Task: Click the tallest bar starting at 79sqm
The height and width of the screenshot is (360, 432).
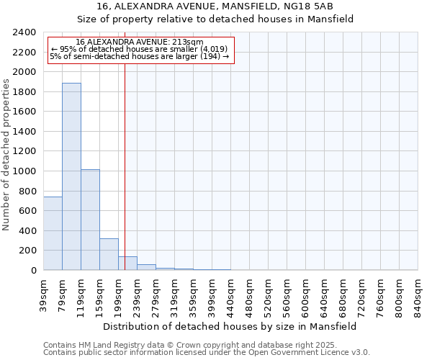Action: point(71,176)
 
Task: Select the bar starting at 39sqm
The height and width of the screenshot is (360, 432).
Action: point(53,233)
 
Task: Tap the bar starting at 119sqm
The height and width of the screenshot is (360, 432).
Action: point(90,220)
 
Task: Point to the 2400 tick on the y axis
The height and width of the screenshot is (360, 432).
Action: point(26,32)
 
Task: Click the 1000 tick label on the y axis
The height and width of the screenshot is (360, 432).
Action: point(26,171)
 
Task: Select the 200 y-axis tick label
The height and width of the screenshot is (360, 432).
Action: point(29,251)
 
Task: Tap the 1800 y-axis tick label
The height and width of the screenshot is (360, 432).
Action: point(26,92)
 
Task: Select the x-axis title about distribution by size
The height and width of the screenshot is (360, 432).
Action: point(230,326)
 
